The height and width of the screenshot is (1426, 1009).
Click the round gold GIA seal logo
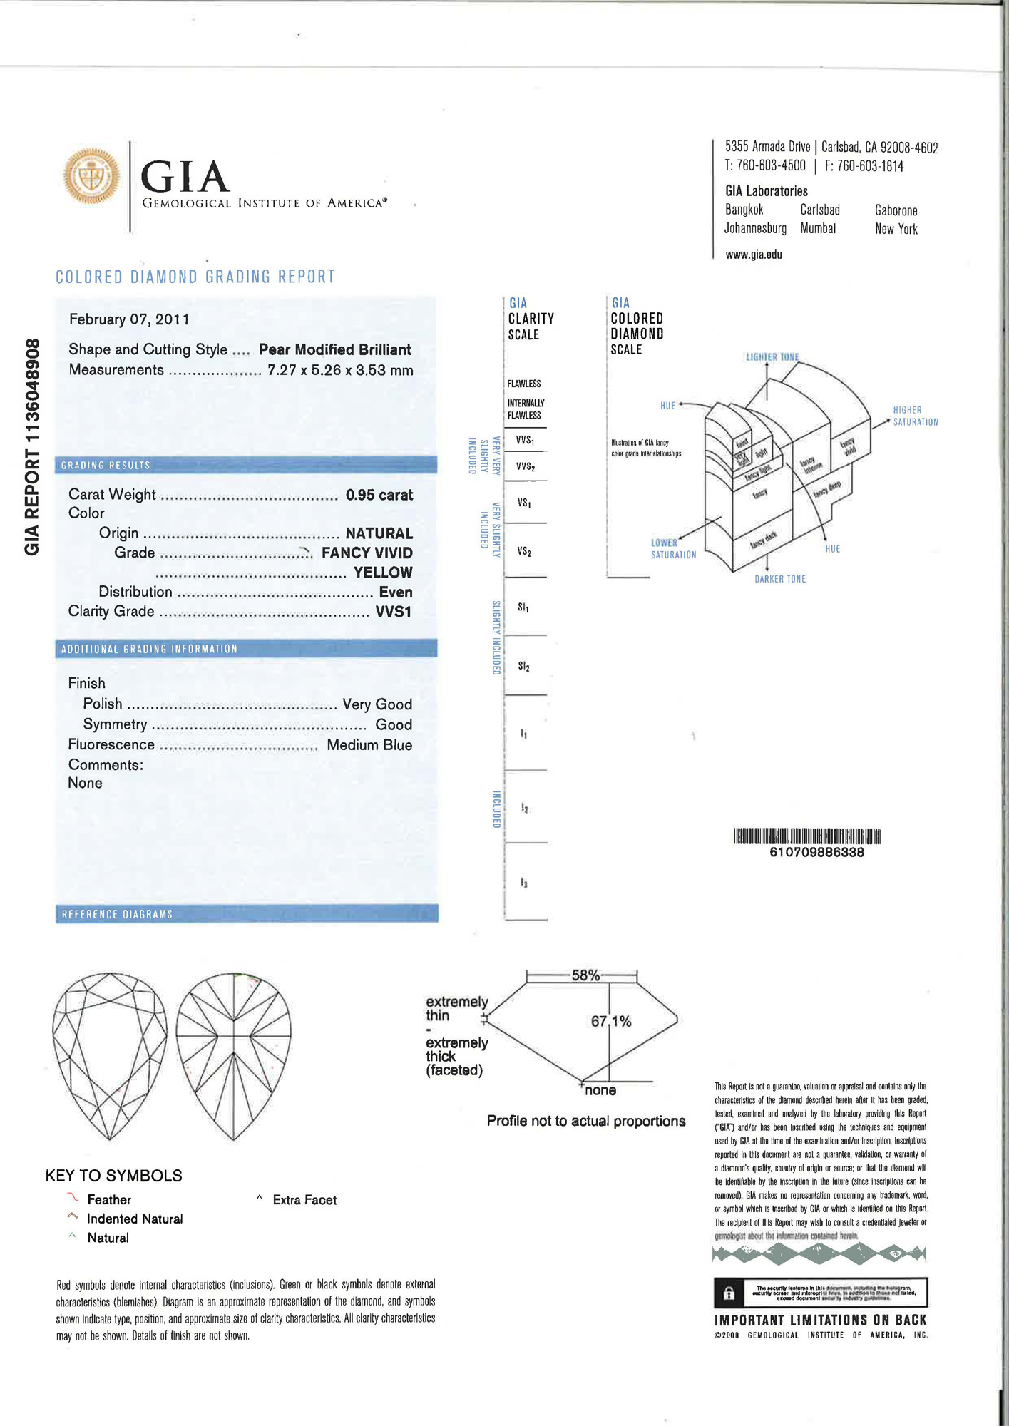click(x=91, y=175)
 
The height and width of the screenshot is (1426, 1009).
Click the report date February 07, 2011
click(x=129, y=319)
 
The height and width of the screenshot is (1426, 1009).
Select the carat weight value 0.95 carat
click(x=379, y=495)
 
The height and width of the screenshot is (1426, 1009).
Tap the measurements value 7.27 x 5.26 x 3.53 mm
click(x=340, y=370)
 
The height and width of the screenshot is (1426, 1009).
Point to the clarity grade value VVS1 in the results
click(x=394, y=612)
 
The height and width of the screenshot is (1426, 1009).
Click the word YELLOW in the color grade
click(x=383, y=573)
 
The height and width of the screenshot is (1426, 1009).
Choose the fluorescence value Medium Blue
click(x=369, y=745)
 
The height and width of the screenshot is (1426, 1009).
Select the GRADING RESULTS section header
click(x=106, y=466)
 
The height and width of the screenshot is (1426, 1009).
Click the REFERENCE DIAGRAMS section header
click(x=117, y=914)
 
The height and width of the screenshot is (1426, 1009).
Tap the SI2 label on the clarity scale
click(x=524, y=667)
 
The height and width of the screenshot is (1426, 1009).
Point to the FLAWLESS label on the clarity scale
click(x=524, y=384)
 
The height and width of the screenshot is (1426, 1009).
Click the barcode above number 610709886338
click(x=807, y=836)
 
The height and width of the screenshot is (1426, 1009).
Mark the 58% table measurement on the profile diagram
click(x=585, y=975)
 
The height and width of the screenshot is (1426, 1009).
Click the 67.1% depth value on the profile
click(x=611, y=1022)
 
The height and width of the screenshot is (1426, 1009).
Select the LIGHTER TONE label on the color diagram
click(x=772, y=356)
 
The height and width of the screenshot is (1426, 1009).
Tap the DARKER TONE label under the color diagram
click(x=780, y=579)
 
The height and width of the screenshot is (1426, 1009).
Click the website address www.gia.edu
click(x=754, y=255)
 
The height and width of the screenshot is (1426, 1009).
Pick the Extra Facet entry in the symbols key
click(x=304, y=1200)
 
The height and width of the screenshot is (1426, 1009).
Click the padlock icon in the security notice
click(x=729, y=1293)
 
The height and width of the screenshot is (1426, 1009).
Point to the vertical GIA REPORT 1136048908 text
click(x=32, y=447)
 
